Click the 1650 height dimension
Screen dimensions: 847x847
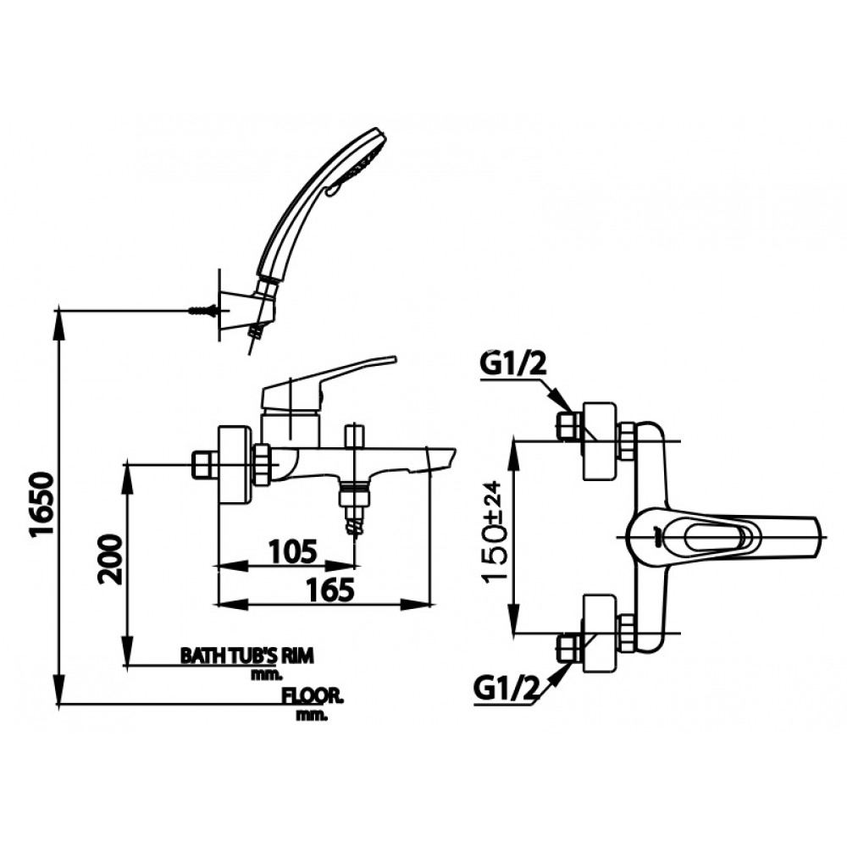tap(42, 505)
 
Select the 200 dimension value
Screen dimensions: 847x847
tap(110, 560)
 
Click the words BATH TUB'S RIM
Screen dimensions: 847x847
tap(246, 655)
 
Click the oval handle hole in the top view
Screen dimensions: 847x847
tap(711, 535)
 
